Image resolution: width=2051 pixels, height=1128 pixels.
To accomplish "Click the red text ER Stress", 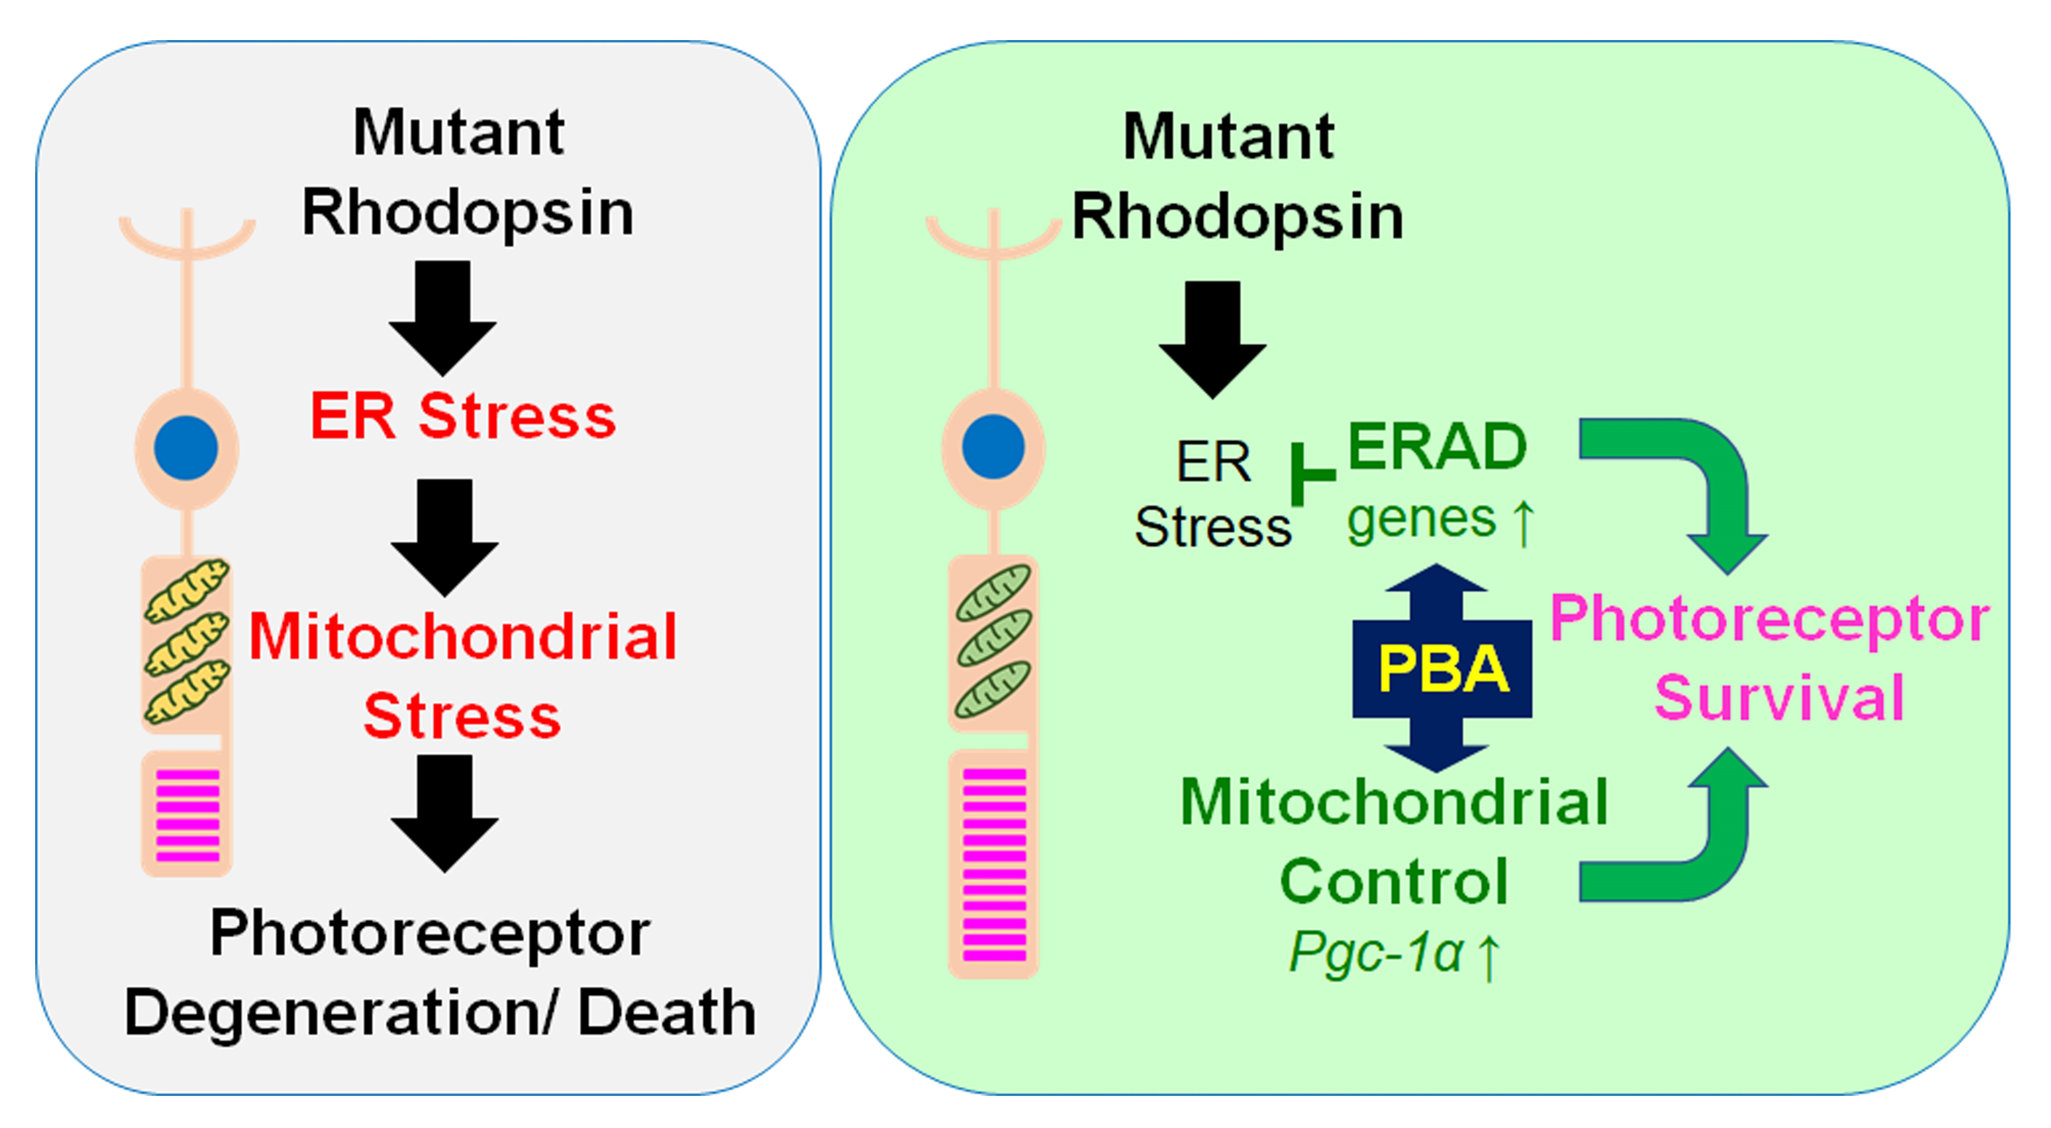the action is point(462,415).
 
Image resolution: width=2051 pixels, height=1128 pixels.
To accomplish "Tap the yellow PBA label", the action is point(1443,669).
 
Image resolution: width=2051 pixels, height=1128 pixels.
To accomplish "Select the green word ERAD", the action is point(1437,446).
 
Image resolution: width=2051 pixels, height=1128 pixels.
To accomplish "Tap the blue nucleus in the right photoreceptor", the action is point(993,446).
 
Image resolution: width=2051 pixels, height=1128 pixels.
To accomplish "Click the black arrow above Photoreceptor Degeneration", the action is point(444,813).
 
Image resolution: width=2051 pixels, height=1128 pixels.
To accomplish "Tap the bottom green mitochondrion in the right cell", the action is point(993,689).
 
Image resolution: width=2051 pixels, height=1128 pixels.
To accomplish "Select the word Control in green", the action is point(1393,881).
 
